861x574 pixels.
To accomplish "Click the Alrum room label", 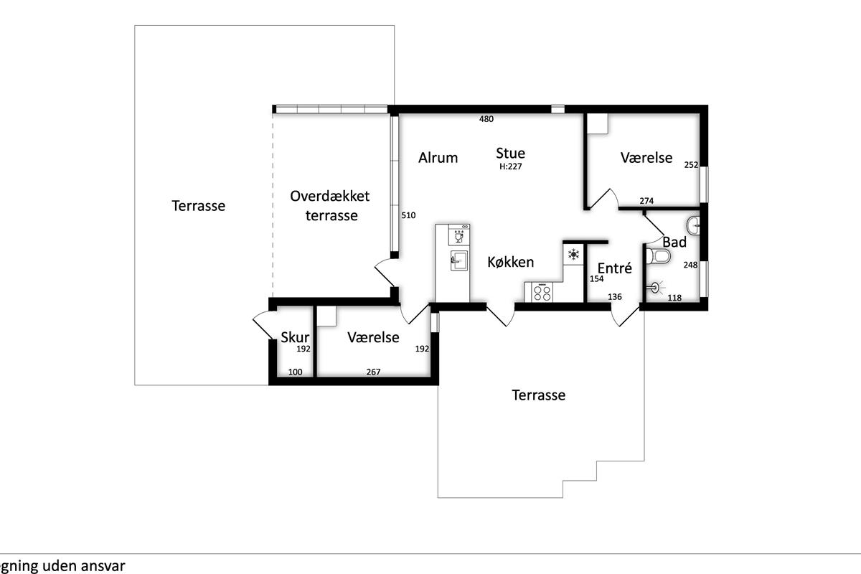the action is [x=438, y=158].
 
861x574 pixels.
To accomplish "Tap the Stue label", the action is [x=510, y=153].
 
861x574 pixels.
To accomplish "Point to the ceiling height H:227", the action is [x=510, y=166].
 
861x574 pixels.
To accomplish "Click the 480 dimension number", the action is [x=486, y=119].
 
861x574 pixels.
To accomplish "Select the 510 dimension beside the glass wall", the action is [x=408, y=215].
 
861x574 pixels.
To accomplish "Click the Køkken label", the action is [x=510, y=262].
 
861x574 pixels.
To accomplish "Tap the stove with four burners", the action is [x=542, y=292].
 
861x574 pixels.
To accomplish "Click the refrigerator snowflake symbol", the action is [x=573, y=254].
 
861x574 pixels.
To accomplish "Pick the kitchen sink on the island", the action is [x=458, y=260].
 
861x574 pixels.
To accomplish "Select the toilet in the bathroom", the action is [x=658, y=255].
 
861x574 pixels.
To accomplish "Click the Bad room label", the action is [x=674, y=243].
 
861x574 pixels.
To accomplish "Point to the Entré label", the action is [x=615, y=268].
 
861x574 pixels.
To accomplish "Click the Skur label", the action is [x=295, y=337].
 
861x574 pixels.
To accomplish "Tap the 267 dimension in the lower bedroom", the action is [x=373, y=372].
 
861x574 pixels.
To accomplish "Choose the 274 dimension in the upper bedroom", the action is [x=646, y=201].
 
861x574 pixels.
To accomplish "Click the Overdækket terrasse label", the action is [x=330, y=206].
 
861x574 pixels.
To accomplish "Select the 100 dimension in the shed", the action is [x=295, y=372].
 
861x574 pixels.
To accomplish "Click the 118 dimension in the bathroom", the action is [x=674, y=298].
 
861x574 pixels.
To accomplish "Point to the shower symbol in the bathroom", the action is [x=657, y=287].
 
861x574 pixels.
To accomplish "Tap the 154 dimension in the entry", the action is [x=596, y=278].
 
